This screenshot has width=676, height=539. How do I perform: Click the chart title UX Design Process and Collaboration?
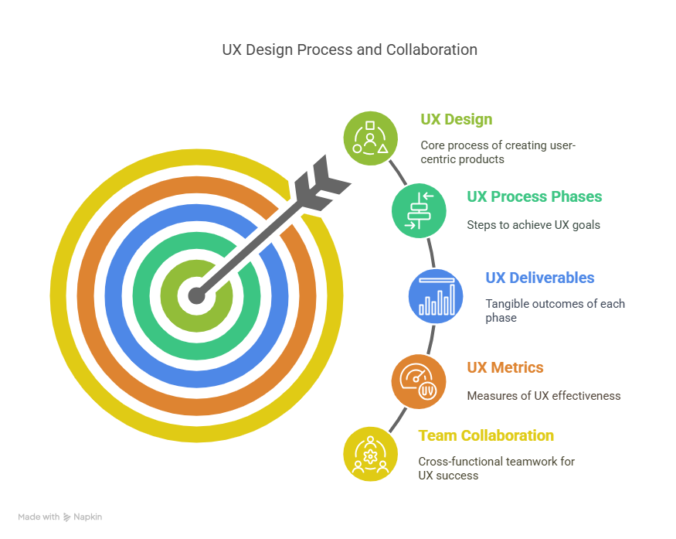[x=349, y=50]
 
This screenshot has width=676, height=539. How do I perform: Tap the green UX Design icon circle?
[x=371, y=138]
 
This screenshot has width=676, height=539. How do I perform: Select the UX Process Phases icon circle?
[x=419, y=210]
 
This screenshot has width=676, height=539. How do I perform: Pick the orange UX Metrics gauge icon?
[x=418, y=380]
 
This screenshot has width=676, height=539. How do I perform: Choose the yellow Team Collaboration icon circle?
[x=371, y=453]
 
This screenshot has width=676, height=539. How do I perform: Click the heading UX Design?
[x=456, y=120]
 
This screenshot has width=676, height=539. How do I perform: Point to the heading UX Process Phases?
[x=534, y=197]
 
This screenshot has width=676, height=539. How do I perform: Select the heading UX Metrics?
[x=504, y=368]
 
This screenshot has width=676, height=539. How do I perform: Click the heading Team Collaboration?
[x=485, y=436]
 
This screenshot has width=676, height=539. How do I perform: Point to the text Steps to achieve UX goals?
[x=533, y=226]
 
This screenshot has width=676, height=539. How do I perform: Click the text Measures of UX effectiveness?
[x=543, y=396]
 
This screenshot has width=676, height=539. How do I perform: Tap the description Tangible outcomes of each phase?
[x=554, y=311]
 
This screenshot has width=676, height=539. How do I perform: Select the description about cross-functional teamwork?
[x=496, y=469]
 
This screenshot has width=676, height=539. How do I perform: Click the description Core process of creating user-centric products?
[x=498, y=152]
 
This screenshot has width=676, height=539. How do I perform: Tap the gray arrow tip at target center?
[x=197, y=295]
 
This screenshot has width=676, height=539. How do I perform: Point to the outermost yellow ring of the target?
[x=56, y=295]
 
